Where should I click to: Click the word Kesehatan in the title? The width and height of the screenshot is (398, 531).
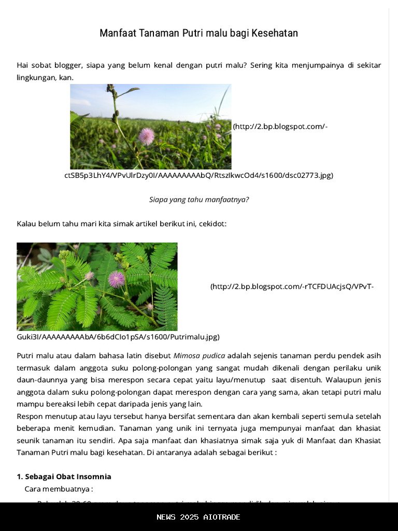point(275,34)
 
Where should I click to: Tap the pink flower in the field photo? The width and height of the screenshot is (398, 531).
point(147,136)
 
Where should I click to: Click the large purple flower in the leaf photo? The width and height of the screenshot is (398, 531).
point(116,280)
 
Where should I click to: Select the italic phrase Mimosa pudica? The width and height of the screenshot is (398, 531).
point(199,356)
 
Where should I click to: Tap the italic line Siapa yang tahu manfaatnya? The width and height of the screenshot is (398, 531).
point(199,199)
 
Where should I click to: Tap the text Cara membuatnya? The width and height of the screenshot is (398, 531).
point(58,489)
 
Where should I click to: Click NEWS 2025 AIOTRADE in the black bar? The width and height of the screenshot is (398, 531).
point(198,517)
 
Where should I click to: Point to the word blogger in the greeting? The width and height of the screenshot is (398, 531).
point(64,65)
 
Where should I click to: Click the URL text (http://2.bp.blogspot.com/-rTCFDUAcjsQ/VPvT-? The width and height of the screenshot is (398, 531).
point(292,287)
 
